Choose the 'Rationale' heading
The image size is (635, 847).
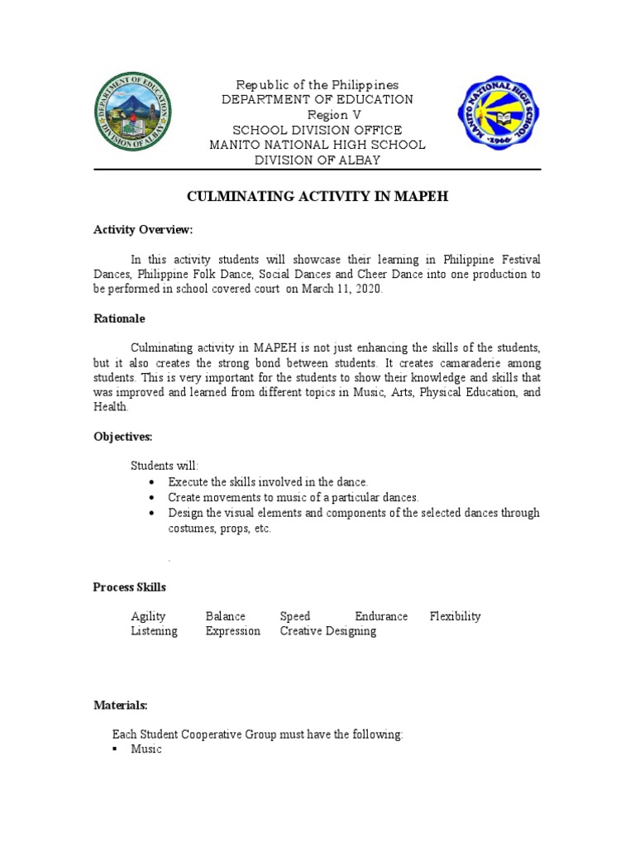[x=119, y=318]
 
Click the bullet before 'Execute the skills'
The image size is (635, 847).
[x=150, y=482]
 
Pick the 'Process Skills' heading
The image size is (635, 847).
[x=130, y=587]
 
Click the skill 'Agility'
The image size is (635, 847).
[x=148, y=616]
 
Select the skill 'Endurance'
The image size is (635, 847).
[x=381, y=616]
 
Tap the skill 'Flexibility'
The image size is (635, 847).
[x=455, y=616]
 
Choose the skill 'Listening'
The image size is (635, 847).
[x=154, y=631]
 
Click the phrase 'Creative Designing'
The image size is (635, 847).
[x=327, y=631]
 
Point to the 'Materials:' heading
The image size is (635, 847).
[x=120, y=706]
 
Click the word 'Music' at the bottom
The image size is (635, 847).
[x=146, y=749]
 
